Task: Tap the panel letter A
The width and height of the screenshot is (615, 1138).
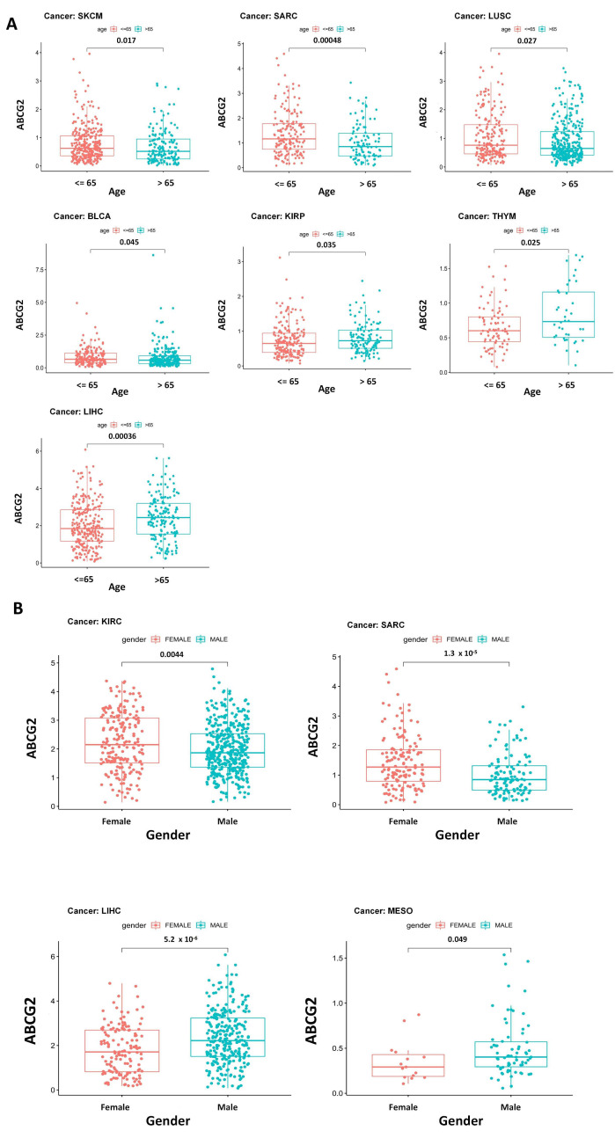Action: pyautogui.click(x=11, y=25)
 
